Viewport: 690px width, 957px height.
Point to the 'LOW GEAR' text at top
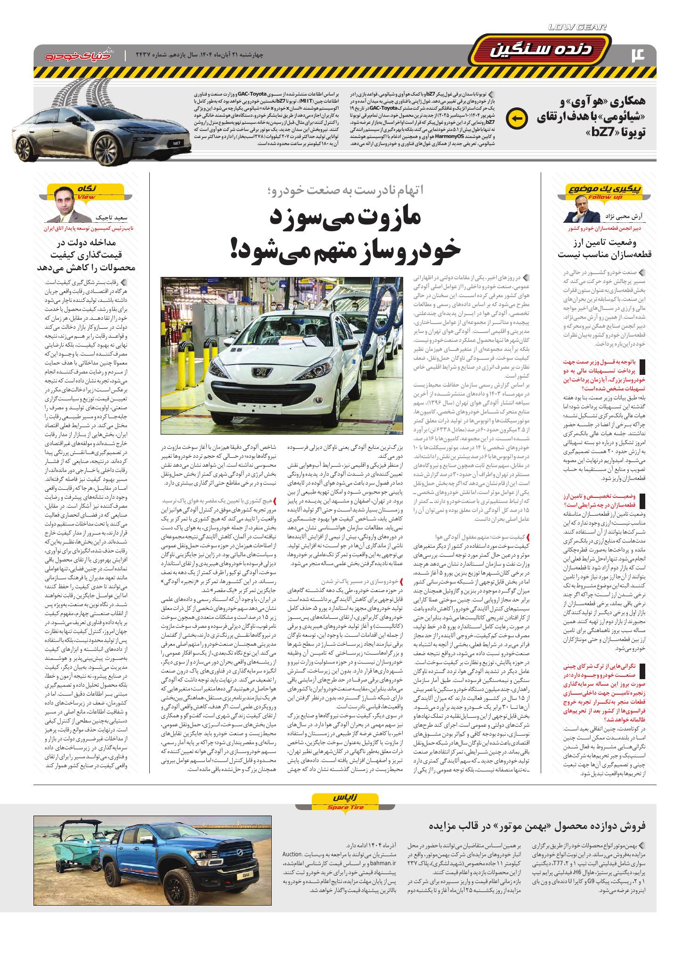[577, 27]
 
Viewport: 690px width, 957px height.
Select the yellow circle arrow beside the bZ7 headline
[513, 118]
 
